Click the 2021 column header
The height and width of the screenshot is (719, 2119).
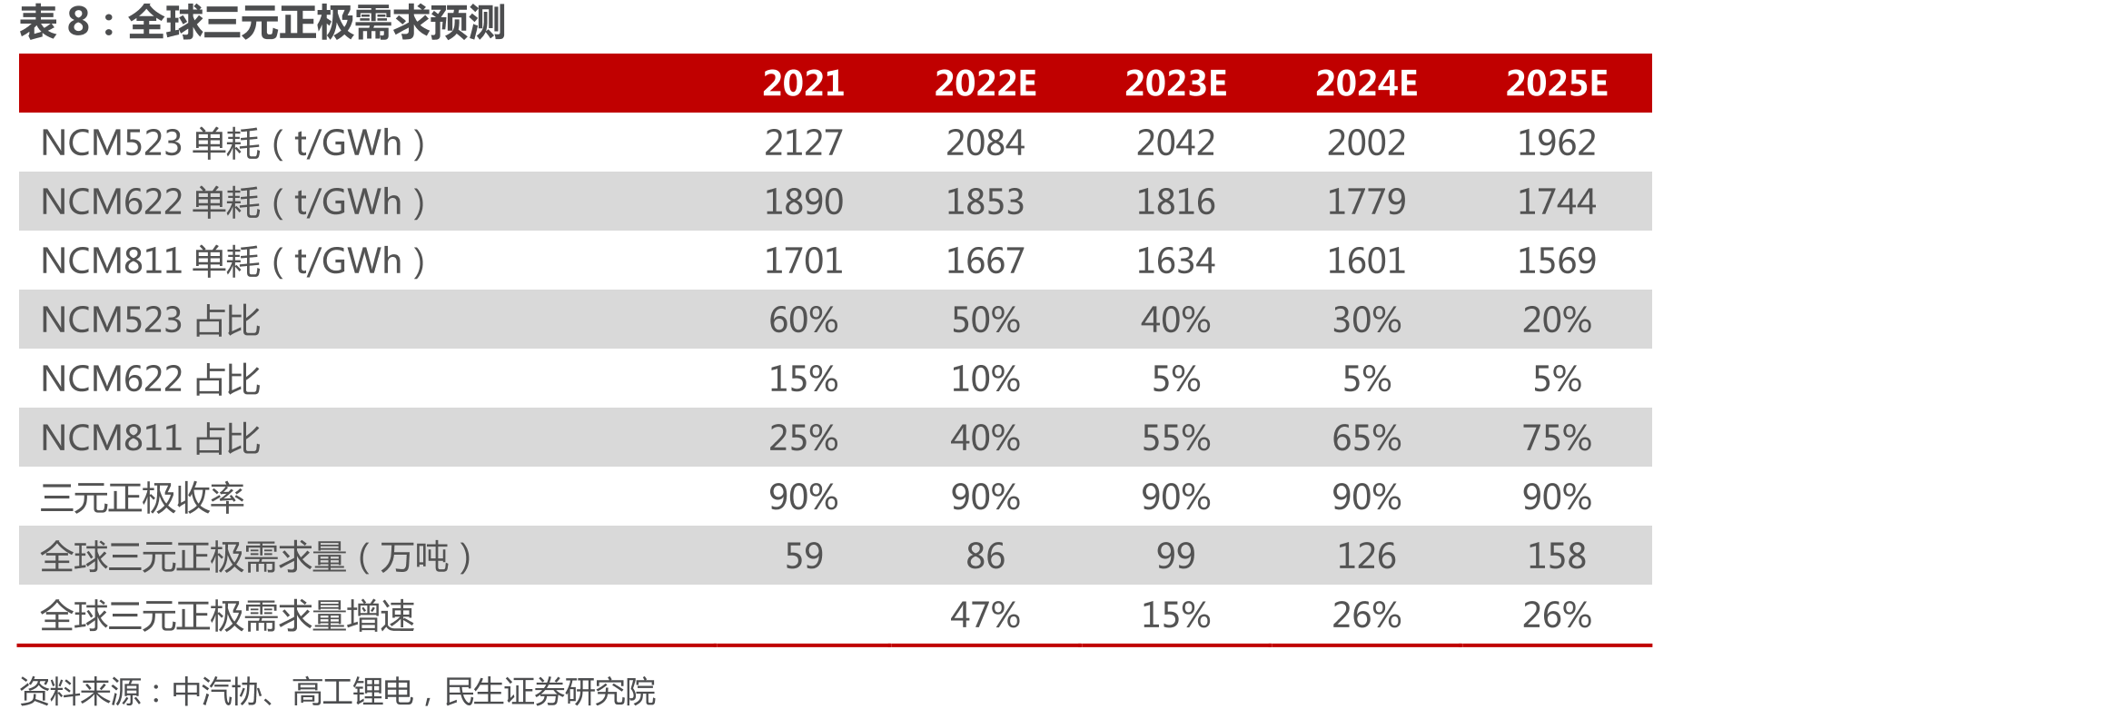(804, 84)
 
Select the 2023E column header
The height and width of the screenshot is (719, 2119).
(1175, 84)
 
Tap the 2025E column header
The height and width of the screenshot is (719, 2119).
(1557, 84)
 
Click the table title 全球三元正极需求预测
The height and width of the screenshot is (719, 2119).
(316, 23)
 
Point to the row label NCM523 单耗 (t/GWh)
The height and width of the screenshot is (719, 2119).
(233, 143)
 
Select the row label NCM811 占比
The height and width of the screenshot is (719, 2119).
(151, 438)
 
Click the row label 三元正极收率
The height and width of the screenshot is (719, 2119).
(143, 497)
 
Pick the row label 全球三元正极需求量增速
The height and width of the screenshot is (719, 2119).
(228, 616)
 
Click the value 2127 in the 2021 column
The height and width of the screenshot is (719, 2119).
(804, 143)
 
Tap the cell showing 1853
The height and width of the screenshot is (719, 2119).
(985, 202)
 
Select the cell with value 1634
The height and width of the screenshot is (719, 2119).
(1175, 261)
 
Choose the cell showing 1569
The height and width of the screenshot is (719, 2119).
(1557, 261)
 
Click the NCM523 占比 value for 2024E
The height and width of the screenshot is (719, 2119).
(1366, 320)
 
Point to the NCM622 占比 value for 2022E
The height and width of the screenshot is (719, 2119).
(985, 379)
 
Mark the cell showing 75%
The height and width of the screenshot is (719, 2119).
(1557, 438)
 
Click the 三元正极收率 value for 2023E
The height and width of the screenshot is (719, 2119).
(1175, 497)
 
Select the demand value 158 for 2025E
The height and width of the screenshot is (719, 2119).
(1557, 556)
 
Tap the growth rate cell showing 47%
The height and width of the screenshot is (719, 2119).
(985, 616)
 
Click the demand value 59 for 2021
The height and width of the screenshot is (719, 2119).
(804, 556)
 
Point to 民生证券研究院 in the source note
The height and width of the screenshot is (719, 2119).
(550, 692)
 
